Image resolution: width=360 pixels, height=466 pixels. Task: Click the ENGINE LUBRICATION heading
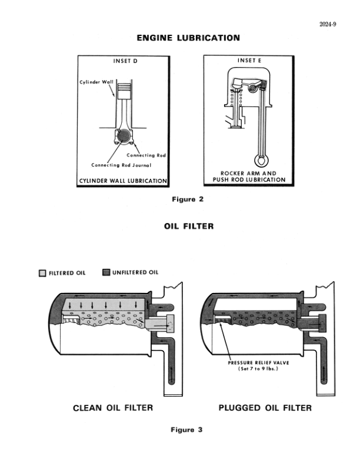point(188,38)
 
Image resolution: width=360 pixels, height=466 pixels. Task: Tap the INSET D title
point(125,61)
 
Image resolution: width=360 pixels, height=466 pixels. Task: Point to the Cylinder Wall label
point(96,82)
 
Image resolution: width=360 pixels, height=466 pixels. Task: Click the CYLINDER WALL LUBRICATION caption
point(124,180)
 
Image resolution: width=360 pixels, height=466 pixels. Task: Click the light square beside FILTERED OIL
point(42,273)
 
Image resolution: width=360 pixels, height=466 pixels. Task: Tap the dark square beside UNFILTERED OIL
point(106,272)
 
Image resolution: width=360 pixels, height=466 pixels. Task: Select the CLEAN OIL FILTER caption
point(112,408)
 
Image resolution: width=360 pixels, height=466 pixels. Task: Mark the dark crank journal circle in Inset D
point(124,137)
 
